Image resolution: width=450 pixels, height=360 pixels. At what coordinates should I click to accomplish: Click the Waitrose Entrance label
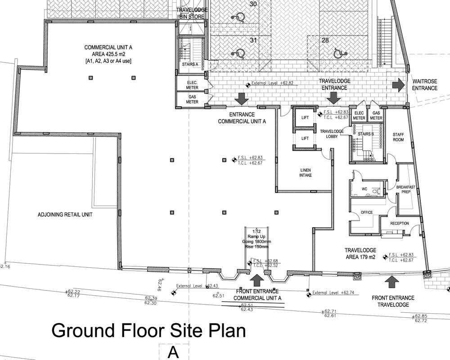(424, 85)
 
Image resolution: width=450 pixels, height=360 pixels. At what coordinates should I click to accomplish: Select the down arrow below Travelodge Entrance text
(333, 98)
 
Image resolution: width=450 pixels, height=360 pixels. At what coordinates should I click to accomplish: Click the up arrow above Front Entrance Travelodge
(392, 282)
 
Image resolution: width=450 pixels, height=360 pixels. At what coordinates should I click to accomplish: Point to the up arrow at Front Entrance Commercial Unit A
(257, 280)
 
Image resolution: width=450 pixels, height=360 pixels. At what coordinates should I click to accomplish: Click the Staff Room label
(399, 137)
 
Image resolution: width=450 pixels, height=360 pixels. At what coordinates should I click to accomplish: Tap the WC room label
(364, 189)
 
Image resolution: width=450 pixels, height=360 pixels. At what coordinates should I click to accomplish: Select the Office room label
(367, 212)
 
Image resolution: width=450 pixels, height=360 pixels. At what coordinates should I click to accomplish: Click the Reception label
(399, 223)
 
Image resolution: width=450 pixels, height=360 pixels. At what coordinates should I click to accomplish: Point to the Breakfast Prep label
(405, 189)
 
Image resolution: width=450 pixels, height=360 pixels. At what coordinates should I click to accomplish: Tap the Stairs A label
(190, 64)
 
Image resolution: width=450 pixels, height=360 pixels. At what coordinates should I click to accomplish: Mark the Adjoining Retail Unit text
(65, 215)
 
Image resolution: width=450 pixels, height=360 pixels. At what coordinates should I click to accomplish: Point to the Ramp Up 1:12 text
(256, 238)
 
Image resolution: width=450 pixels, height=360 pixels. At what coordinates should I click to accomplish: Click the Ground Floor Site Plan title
(148, 331)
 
